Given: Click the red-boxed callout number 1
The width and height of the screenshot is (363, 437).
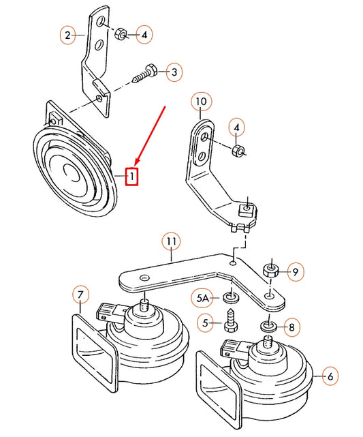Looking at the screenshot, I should (x=133, y=176).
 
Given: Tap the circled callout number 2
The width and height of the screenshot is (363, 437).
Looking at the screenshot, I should (x=67, y=33).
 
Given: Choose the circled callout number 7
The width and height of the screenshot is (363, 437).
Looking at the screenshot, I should (x=80, y=295).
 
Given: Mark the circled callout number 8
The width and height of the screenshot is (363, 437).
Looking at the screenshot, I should (x=291, y=328).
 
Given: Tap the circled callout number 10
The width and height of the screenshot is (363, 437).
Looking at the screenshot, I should (x=200, y=103).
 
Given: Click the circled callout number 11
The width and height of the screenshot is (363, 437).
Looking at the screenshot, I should (x=171, y=241).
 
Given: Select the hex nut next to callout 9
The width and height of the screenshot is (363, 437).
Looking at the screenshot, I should (x=270, y=271).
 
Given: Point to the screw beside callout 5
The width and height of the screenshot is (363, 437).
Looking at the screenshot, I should (x=230, y=321).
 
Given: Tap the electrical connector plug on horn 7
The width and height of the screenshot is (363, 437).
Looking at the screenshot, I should (x=108, y=312).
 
